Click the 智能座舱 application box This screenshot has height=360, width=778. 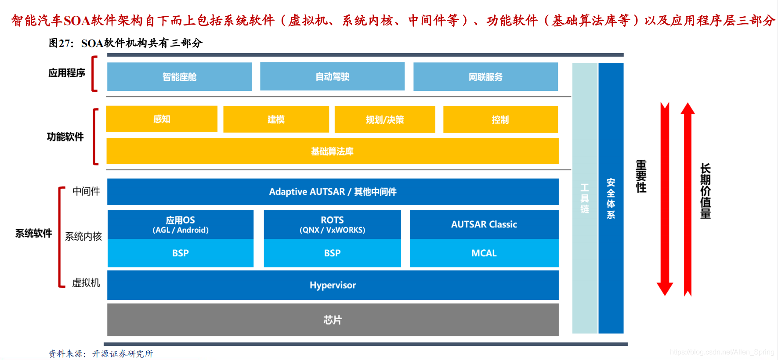point(179,77)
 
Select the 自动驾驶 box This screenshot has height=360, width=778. point(332,76)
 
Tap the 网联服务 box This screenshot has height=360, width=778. point(485,77)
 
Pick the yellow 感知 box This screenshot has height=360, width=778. point(162,119)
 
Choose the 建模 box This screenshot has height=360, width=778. point(276,119)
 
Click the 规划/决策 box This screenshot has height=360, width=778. point(385,119)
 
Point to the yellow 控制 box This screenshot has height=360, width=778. point(500,119)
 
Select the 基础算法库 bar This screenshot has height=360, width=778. point(332,151)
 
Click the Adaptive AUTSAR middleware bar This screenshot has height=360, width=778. point(333,192)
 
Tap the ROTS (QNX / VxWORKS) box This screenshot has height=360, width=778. point(332,224)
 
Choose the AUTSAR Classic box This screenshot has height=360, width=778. point(484,224)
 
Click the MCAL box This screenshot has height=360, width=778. point(484,253)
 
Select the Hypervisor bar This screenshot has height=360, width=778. point(333,285)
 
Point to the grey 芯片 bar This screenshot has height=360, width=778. point(333,320)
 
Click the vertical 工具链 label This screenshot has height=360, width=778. point(585,198)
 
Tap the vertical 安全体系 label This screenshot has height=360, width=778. point(611,198)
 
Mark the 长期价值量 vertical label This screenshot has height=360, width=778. point(706,191)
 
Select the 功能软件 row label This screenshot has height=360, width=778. point(65,137)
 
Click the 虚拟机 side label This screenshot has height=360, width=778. point(86,283)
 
